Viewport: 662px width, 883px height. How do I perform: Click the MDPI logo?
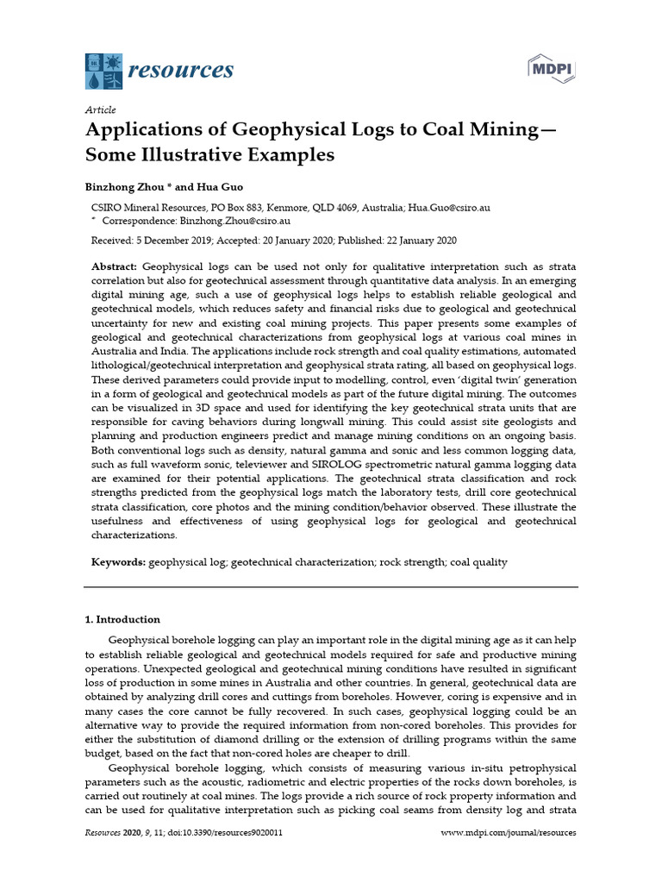coord(551,69)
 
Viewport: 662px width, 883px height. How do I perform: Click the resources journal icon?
coord(103,71)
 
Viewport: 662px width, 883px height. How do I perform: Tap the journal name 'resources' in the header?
coord(180,70)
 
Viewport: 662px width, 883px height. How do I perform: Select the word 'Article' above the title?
coord(100,110)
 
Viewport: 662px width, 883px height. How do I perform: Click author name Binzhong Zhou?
coord(122,186)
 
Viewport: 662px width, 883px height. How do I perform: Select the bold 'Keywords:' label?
coord(119,562)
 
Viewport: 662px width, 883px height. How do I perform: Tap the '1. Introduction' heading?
coord(122,619)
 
